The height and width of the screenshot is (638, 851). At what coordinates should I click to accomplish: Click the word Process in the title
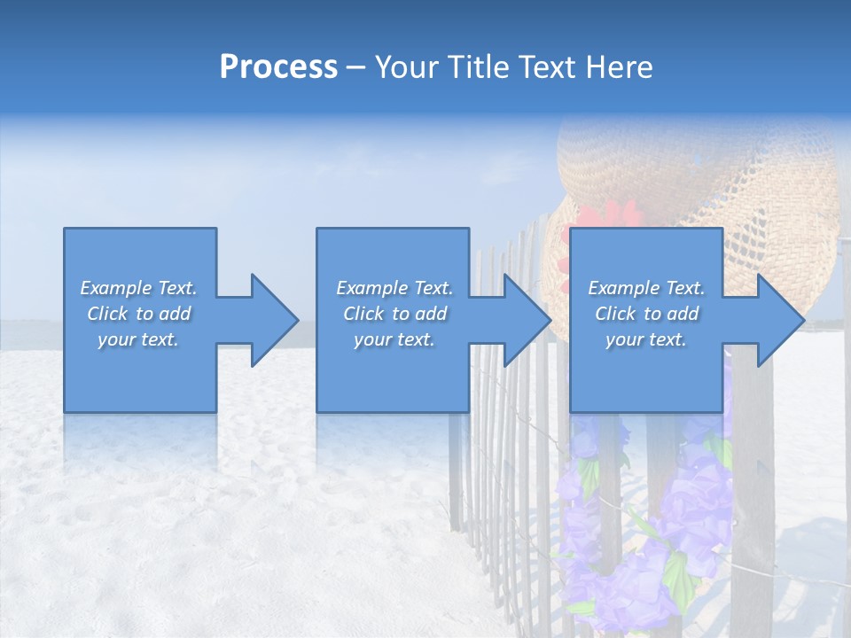click(278, 67)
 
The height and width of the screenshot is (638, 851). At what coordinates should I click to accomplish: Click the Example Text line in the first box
click(138, 288)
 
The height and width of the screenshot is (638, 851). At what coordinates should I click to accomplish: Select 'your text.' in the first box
click(138, 339)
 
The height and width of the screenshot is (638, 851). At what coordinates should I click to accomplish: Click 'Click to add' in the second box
click(394, 314)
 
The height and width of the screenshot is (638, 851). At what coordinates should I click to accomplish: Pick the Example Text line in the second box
click(394, 288)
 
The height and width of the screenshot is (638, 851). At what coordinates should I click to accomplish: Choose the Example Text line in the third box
click(646, 288)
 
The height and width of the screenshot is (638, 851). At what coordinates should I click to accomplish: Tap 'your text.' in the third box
click(646, 339)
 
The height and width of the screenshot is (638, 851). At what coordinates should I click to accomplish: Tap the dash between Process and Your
click(355, 67)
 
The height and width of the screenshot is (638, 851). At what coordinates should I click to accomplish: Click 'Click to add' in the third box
click(646, 314)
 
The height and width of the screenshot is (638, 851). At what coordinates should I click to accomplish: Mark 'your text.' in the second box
click(394, 339)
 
